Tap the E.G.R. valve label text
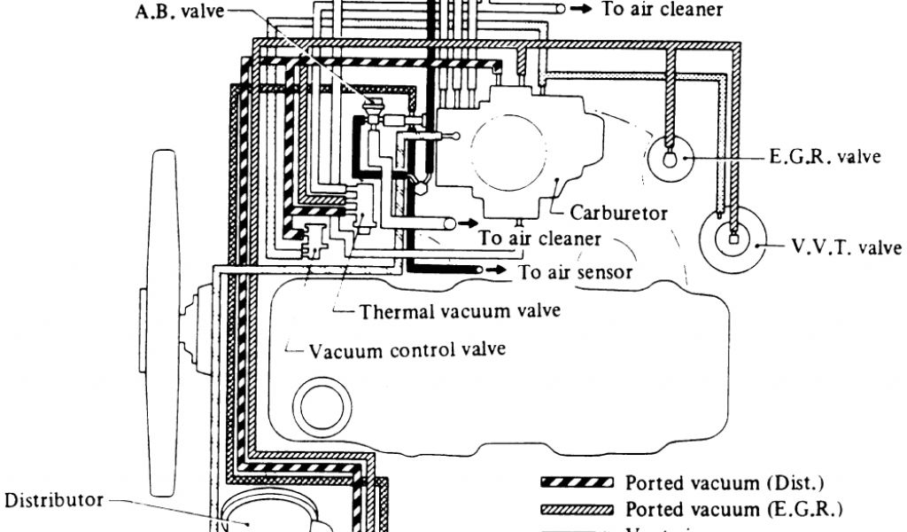tap(825, 157)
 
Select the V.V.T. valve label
tap(846, 246)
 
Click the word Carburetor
tap(618, 213)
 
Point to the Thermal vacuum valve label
tap(460, 311)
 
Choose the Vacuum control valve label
tap(407, 349)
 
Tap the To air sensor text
tap(576, 271)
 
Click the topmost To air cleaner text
tap(662, 10)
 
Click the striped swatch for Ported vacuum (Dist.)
tap(577, 483)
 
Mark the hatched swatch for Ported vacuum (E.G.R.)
tap(577, 510)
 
